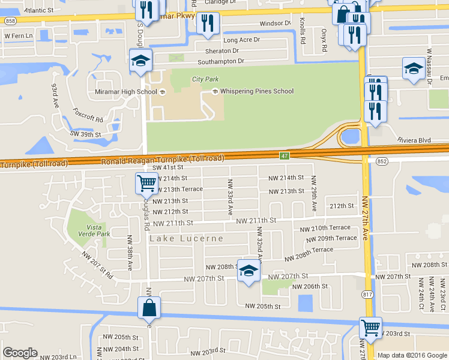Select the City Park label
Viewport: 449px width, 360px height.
pyautogui.click(x=205, y=79)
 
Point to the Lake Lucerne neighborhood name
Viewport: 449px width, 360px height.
pyautogui.click(x=186, y=238)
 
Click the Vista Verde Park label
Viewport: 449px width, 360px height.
pyautogui.click(x=88, y=230)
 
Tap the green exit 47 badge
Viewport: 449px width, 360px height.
pyautogui.click(x=284, y=155)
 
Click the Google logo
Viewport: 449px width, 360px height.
pyautogui.click(x=19, y=353)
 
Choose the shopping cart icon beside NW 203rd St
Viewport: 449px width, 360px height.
pyautogui.click(x=370, y=328)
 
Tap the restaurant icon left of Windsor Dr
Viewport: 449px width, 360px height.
pyautogui.click(x=208, y=23)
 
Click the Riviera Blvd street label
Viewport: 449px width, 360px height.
pyautogui.click(x=414, y=140)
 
